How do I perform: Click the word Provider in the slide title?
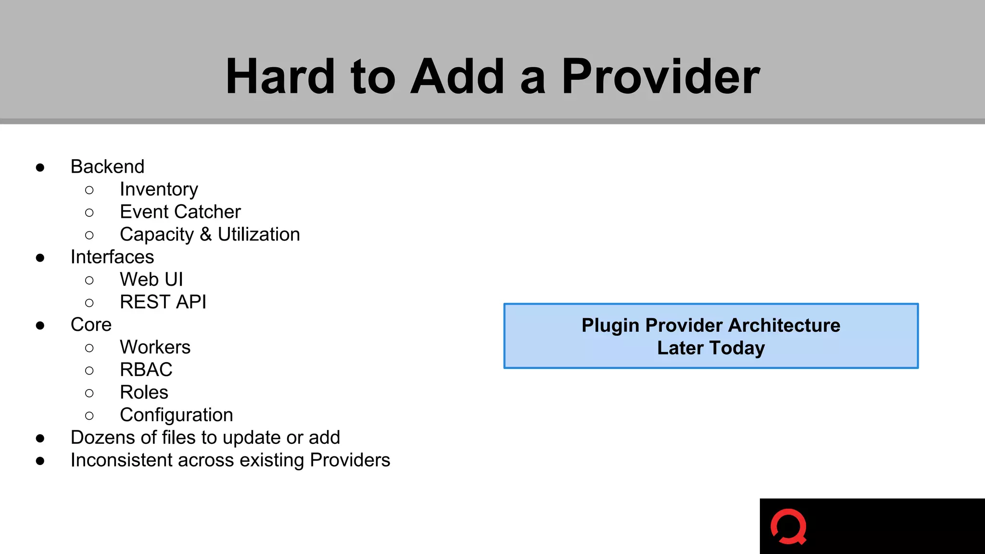pos(660,77)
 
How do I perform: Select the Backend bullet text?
pos(107,167)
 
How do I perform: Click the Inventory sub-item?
pos(159,189)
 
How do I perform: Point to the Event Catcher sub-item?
pos(180,212)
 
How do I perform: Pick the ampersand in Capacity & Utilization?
pos(206,235)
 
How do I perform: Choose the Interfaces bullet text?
pos(112,257)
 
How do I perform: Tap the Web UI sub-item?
pos(152,279)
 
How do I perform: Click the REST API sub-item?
pos(163,302)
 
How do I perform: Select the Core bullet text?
pos(91,325)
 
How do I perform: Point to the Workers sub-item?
pos(155,347)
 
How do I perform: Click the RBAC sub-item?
pos(146,370)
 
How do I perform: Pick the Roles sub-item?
pos(144,392)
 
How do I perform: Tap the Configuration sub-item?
pos(177,415)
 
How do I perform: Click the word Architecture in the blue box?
pos(784,326)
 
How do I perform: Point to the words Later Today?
pos(711,348)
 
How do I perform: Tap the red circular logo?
pos(788,527)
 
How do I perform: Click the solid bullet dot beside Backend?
pos(40,167)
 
